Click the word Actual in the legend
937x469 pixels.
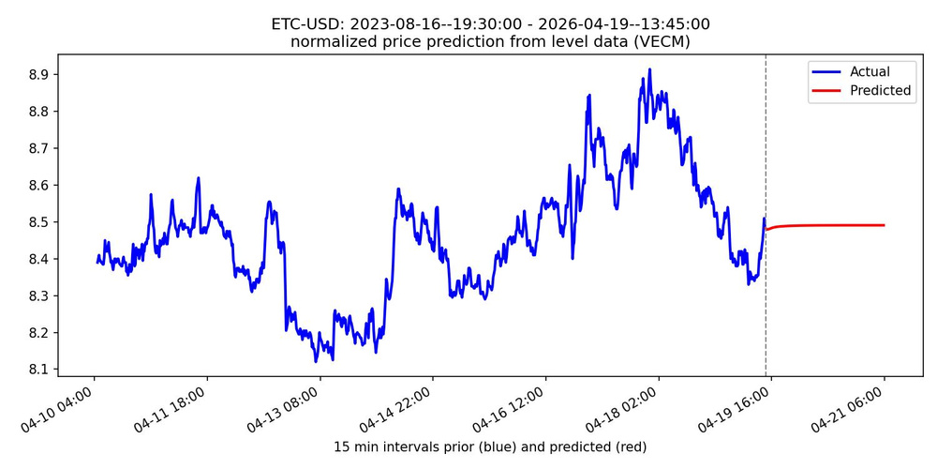click(870, 71)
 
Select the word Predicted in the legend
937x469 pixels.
click(880, 91)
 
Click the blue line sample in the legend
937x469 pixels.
click(827, 71)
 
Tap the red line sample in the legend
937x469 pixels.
click(827, 91)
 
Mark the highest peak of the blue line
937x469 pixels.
click(647, 69)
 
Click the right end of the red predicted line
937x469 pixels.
click(885, 225)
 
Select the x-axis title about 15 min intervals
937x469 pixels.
click(489, 446)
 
